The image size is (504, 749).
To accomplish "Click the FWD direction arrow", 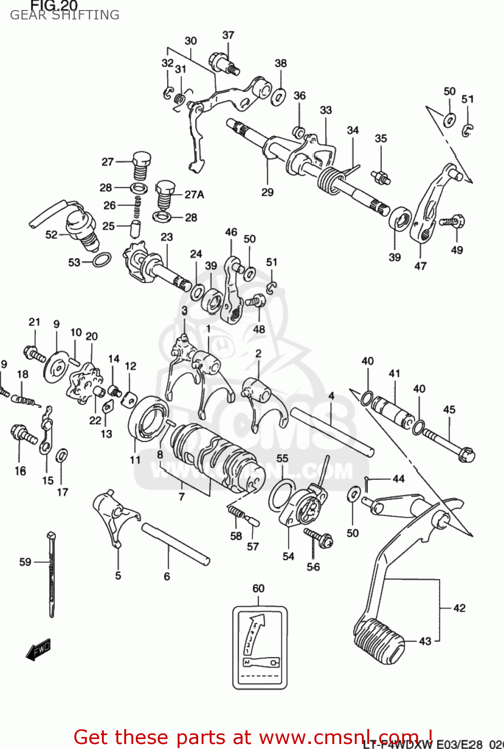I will [38, 650].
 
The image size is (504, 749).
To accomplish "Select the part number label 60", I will [258, 588].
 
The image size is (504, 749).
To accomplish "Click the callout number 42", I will [459, 608].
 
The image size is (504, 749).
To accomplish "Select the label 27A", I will [194, 194].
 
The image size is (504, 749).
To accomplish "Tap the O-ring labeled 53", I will [102, 260].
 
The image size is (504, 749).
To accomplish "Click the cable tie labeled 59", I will [52, 574].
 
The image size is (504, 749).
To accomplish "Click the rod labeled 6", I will [175, 544].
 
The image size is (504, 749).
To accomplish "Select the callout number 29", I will [267, 192].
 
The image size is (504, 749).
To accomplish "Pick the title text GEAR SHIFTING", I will [65, 15].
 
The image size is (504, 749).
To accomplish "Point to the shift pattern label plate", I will [259, 647].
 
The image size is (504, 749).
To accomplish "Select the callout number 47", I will [420, 266].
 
